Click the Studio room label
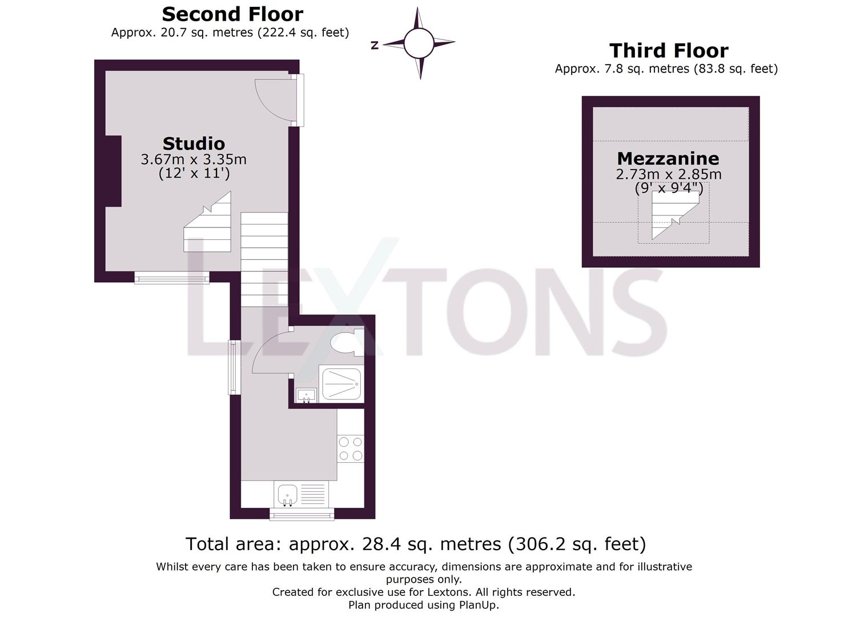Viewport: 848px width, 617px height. pos(194,143)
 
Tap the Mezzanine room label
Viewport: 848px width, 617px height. pos(668,158)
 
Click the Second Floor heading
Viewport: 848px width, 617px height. pos(232,14)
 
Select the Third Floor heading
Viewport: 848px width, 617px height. pos(669,51)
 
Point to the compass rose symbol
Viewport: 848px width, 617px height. pos(419,42)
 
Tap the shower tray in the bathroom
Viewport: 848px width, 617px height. pos(341,384)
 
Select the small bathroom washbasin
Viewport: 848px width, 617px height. pos(307,395)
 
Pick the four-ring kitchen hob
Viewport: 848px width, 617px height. pos(350,448)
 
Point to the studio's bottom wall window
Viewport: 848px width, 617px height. pos(172,278)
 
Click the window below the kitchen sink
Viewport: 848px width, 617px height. pos(302,515)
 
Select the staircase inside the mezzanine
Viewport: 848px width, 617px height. pos(674,215)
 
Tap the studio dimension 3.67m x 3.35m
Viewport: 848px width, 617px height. pos(194,159)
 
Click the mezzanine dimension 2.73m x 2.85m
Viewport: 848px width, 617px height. pos(668,174)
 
